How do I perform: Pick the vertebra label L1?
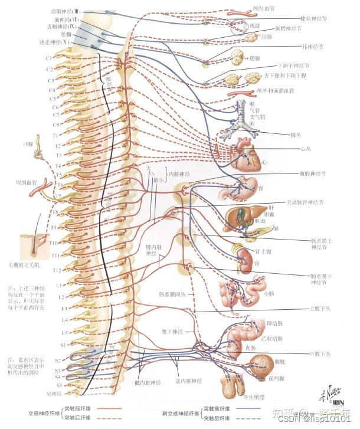58,285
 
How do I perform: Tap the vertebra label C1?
49,58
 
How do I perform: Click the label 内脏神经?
179,175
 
